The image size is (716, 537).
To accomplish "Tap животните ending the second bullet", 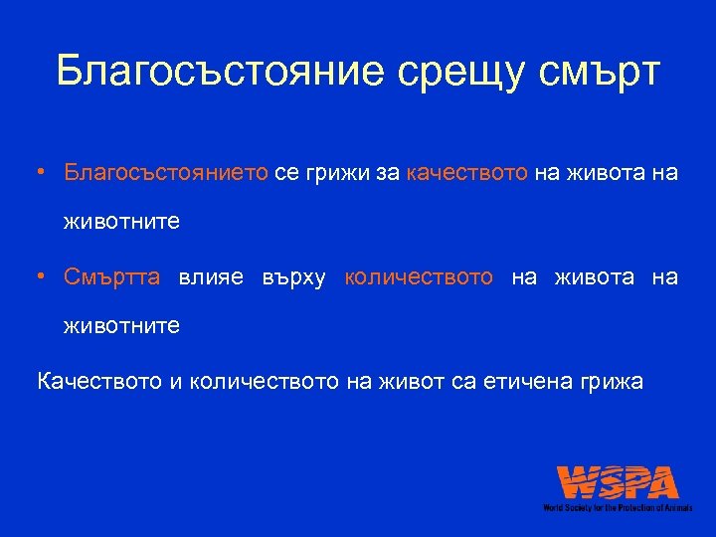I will [x=121, y=325].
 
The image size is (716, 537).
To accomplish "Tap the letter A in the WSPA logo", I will [x=660, y=484].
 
